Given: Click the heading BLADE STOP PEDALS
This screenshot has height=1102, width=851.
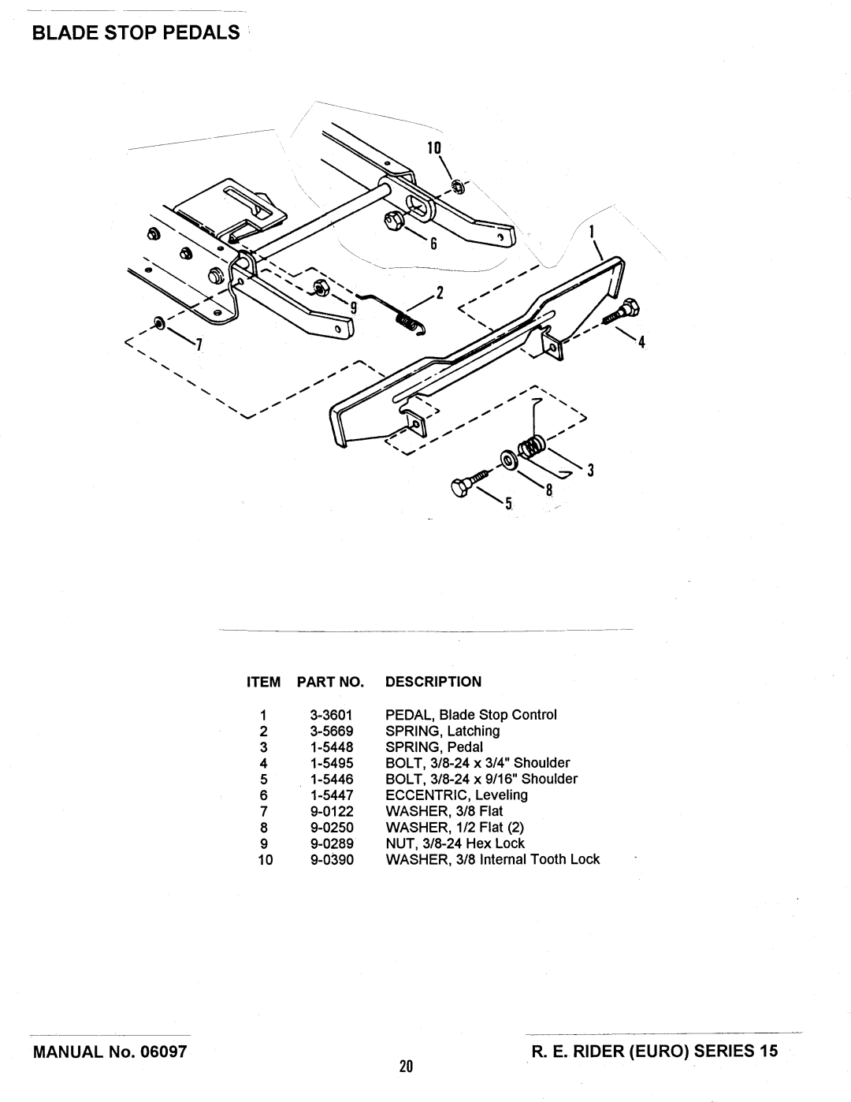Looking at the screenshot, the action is pos(136,32).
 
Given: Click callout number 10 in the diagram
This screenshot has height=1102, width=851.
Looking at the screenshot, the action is pos(434,147).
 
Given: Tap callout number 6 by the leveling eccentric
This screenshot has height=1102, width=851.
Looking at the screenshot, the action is pos(433,244).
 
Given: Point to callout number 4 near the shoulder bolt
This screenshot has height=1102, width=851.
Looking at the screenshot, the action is pos(641,342).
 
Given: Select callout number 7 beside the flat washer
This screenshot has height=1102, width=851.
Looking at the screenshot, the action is pos(199,345).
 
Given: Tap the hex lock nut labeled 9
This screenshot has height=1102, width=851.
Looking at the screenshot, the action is pos(321,288).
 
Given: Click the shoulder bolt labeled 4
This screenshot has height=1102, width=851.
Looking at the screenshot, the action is pos(622,311).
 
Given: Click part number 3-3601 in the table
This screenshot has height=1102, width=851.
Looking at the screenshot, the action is pos(332,715).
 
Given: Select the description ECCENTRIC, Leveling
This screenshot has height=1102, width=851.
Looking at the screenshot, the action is pos(457,795).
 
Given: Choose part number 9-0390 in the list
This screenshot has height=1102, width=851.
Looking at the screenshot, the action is pos(332,859).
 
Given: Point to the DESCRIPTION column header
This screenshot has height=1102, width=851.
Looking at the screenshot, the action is pos(433,682).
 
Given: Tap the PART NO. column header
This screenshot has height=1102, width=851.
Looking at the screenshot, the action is pos(330,682).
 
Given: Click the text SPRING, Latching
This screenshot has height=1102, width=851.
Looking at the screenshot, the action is pos(443,732).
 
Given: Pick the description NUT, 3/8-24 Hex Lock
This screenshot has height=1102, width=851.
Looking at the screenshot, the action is pos(455,843).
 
